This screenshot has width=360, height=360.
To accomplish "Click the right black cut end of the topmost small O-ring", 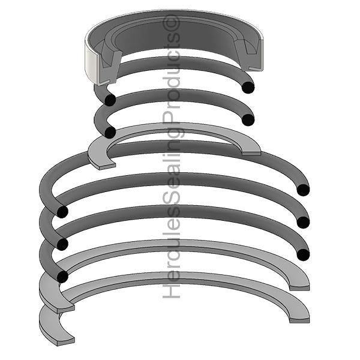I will (x=248, y=88).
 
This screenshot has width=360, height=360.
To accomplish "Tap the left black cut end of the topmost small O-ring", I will (x=109, y=100).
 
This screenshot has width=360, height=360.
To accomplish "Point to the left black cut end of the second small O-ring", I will (x=109, y=131).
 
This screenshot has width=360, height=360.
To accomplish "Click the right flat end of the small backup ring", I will (x=253, y=151).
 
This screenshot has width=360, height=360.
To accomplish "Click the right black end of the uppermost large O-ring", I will (x=303, y=190).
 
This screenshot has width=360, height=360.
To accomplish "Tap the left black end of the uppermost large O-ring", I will (x=61, y=211).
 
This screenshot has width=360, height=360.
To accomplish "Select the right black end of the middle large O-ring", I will (x=303, y=222).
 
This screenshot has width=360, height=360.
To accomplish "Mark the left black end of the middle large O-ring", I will (x=61, y=244).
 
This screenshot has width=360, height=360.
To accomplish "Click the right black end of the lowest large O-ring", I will (x=303, y=254).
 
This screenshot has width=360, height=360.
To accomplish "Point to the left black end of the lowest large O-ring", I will (x=61, y=276).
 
